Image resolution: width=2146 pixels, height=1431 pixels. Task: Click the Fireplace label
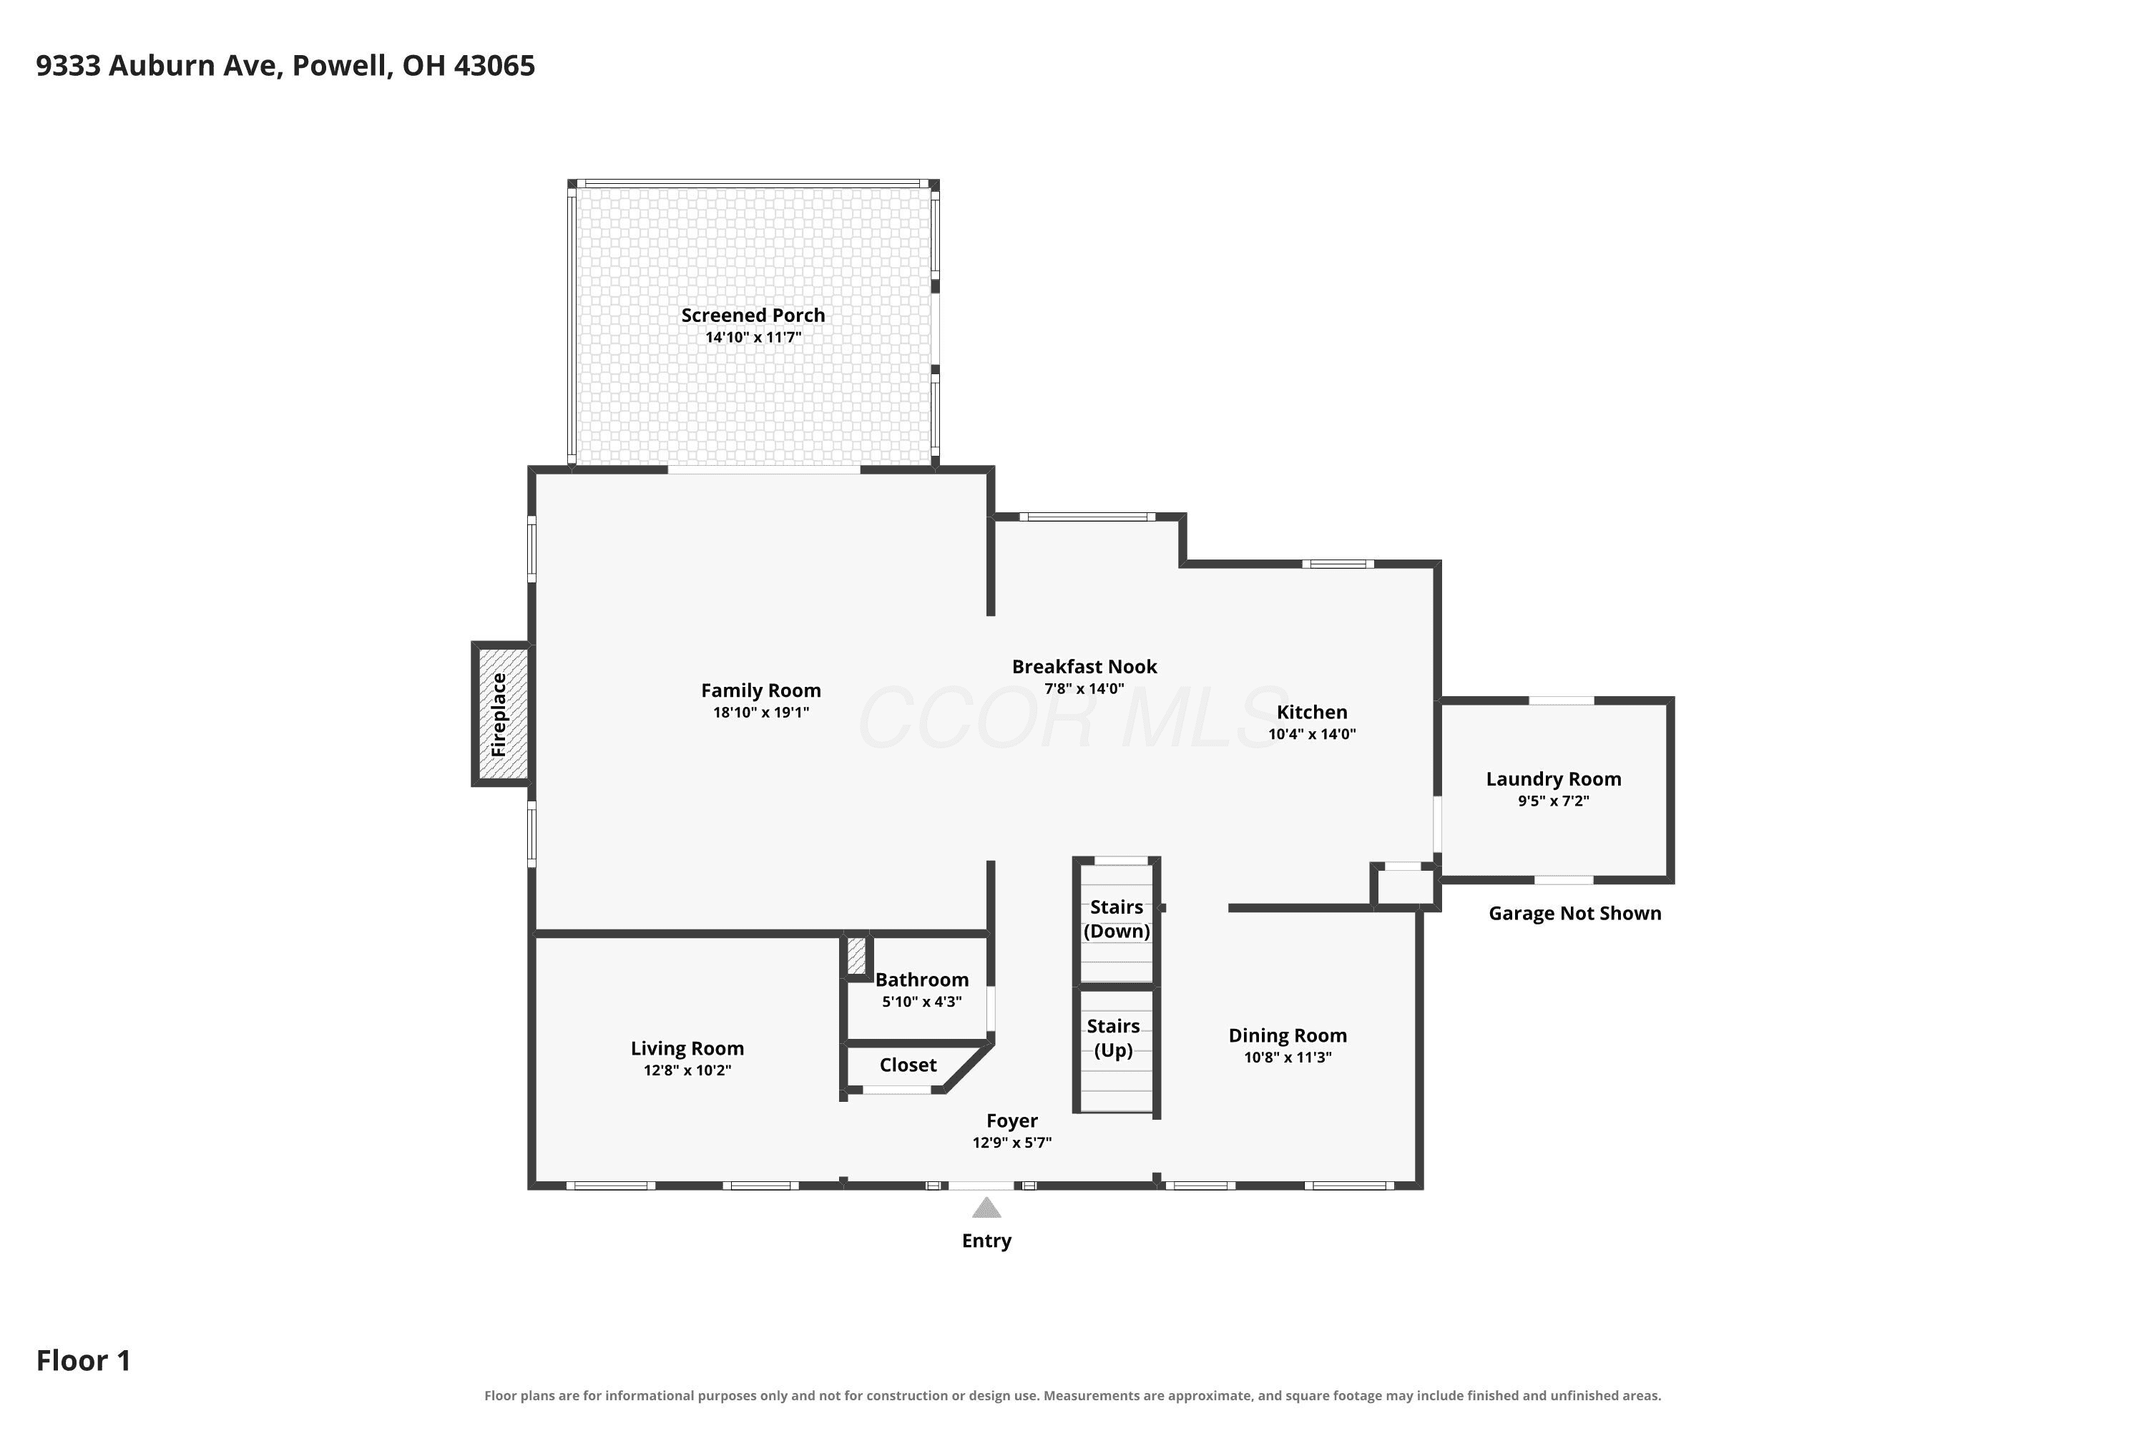tap(498, 715)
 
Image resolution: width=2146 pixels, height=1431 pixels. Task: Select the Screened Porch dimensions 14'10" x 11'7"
tap(754, 338)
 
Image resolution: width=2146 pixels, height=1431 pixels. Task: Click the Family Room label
tap(761, 691)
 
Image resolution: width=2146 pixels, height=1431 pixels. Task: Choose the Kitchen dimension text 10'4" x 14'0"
tap(1312, 735)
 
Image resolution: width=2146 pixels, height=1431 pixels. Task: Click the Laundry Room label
tap(1554, 779)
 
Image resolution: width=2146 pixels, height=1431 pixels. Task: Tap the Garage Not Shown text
tap(1575, 914)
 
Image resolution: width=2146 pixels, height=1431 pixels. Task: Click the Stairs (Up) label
tap(1113, 1039)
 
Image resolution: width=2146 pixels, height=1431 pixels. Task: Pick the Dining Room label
tap(1288, 1036)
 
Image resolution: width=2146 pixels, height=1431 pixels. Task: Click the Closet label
tap(908, 1065)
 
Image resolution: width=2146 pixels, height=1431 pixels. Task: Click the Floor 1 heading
tap(84, 1361)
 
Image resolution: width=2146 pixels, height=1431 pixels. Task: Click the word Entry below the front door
tap(986, 1241)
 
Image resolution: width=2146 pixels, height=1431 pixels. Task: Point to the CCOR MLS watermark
tap(1072, 718)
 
